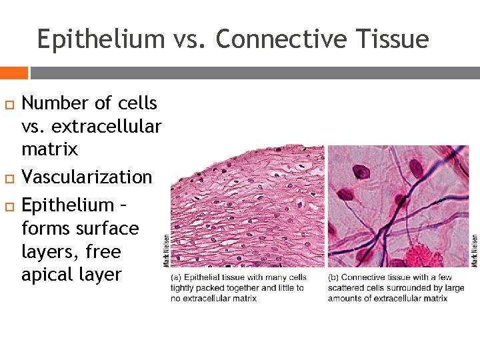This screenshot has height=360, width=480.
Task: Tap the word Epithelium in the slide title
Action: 100,39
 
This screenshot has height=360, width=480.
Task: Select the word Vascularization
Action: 87,177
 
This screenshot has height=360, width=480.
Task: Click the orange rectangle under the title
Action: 13,73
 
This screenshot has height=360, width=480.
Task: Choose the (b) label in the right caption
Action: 333,277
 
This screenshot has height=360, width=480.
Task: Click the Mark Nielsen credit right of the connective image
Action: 475,250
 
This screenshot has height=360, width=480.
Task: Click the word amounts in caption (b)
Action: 344,298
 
